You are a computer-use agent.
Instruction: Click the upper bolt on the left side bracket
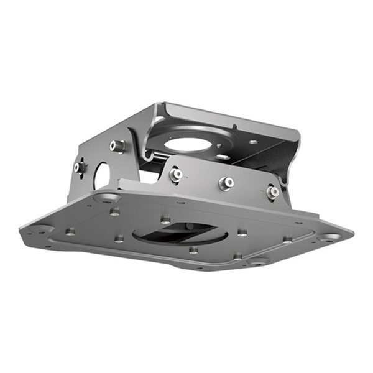117,146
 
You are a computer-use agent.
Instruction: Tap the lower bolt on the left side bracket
80,167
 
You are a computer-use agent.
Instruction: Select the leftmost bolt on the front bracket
177,175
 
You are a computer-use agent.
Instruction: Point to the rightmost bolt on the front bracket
272,192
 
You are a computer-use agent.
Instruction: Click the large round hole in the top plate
189,144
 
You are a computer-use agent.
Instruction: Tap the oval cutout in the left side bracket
101,176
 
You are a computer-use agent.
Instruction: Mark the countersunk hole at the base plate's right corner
329,237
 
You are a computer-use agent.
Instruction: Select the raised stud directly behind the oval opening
165,219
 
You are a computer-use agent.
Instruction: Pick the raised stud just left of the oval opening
119,237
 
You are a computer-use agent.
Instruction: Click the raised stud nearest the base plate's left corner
70,231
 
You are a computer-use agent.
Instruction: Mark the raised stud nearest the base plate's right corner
287,239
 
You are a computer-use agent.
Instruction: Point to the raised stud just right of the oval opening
242,233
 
